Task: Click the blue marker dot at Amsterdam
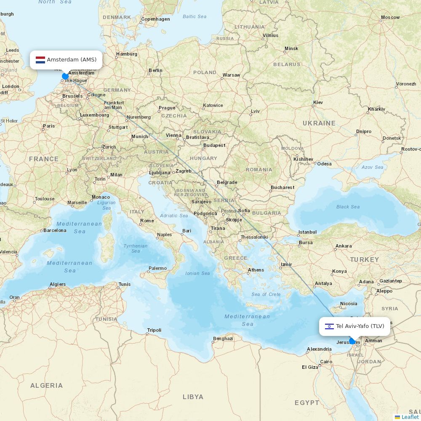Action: click(x=65, y=76)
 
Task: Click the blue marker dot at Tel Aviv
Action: click(x=352, y=341)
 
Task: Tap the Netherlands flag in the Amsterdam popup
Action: click(x=40, y=60)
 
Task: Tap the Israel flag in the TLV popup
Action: click(x=329, y=326)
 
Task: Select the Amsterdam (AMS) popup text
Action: click(x=72, y=60)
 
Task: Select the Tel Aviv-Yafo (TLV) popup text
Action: click(x=360, y=326)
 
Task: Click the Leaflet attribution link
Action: click(x=410, y=417)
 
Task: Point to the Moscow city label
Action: click(x=390, y=18)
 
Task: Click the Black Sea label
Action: click(x=348, y=207)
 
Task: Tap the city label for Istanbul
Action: click(x=307, y=232)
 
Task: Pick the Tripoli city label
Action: click(x=154, y=330)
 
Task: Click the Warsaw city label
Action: click(x=231, y=75)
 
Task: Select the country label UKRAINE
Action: click(x=319, y=123)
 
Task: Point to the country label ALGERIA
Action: click(x=46, y=386)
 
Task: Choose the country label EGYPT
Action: click(x=307, y=403)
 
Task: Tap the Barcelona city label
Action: click(x=55, y=230)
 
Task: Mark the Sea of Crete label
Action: click(x=266, y=294)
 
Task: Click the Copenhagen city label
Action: click(x=155, y=19)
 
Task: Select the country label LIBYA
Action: click(x=193, y=397)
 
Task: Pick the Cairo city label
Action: click(x=326, y=362)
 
